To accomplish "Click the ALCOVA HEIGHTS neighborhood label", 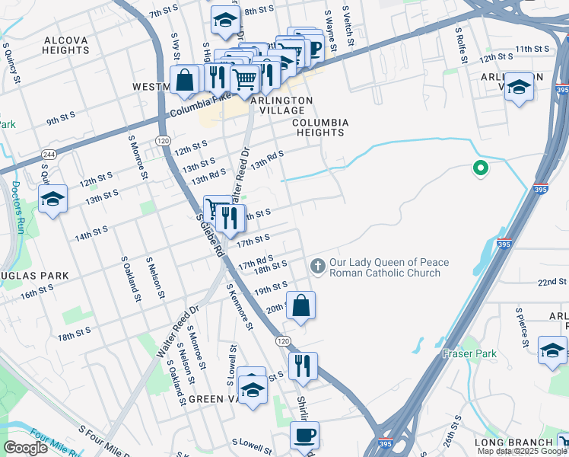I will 67,45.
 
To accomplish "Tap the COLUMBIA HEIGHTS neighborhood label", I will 320,127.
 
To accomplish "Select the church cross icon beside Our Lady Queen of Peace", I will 317,264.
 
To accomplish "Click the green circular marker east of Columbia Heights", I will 479,168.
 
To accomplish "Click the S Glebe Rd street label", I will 209,234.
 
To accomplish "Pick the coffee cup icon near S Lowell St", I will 304,435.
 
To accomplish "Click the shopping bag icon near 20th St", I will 301,305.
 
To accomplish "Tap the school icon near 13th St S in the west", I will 52,200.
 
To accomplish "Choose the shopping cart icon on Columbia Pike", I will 244,78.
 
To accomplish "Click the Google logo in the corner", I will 25,448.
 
